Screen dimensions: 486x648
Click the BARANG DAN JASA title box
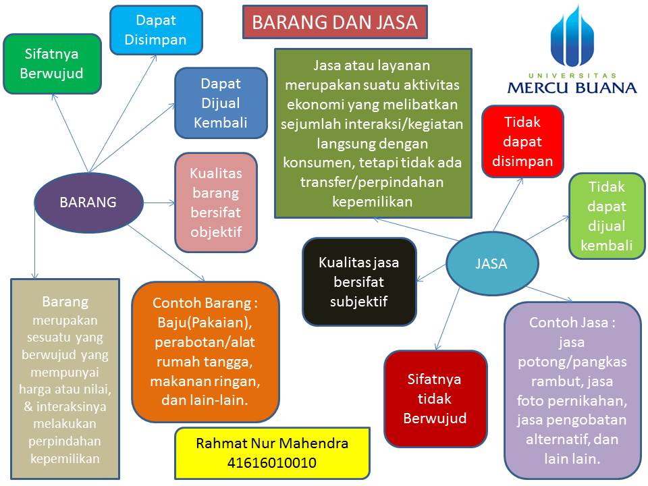[x=335, y=23]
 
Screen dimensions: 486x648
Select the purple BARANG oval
[x=88, y=202]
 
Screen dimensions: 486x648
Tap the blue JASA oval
[x=491, y=264]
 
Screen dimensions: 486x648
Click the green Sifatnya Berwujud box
[x=52, y=63]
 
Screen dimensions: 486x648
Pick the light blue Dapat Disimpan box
[x=156, y=30]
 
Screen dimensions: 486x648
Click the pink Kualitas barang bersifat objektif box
[x=216, y=202]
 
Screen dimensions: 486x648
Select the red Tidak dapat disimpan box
[x=522, y=142]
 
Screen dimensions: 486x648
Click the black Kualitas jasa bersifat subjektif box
[x=358, y=281]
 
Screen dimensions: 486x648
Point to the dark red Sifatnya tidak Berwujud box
[x=435, y=398]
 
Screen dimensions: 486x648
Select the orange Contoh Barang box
[x=206, y=352]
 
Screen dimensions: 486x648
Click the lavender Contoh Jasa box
[x=572, y=390]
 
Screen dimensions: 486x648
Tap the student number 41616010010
[x=272, y=463]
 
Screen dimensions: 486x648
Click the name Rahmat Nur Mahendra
[x=272, y=443]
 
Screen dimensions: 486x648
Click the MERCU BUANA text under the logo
[x=572, y=87]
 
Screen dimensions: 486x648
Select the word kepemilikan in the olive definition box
[x=372, y=201]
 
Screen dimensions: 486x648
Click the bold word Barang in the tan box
[x=65, y=301]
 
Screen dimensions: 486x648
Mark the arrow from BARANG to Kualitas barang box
[x=159, y=202]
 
